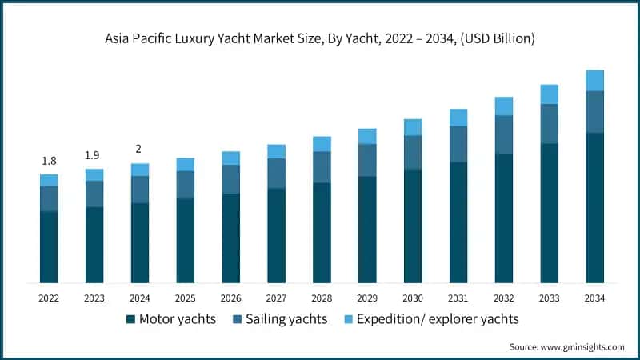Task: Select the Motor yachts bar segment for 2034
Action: point(594,207)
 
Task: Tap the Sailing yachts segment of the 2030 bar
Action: point(413,153)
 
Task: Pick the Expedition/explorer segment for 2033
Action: point(549,94)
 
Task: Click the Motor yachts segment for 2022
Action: point(49,246)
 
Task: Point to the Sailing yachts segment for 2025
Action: point(186,185)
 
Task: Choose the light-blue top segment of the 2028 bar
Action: point(322,144)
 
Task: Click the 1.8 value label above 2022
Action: point(49,161)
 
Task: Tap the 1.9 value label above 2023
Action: point(94,155)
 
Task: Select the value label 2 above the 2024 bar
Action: point(140,150)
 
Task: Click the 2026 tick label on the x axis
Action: point(230,298)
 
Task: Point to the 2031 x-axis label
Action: point(458,298)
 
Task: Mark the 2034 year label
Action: point(594,298)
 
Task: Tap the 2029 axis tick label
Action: point(367,298)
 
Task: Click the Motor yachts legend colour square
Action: point(130,319)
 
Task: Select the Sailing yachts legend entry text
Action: point(286,319)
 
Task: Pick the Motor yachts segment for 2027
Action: point(276,235)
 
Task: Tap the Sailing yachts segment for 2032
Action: point(503,134)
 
